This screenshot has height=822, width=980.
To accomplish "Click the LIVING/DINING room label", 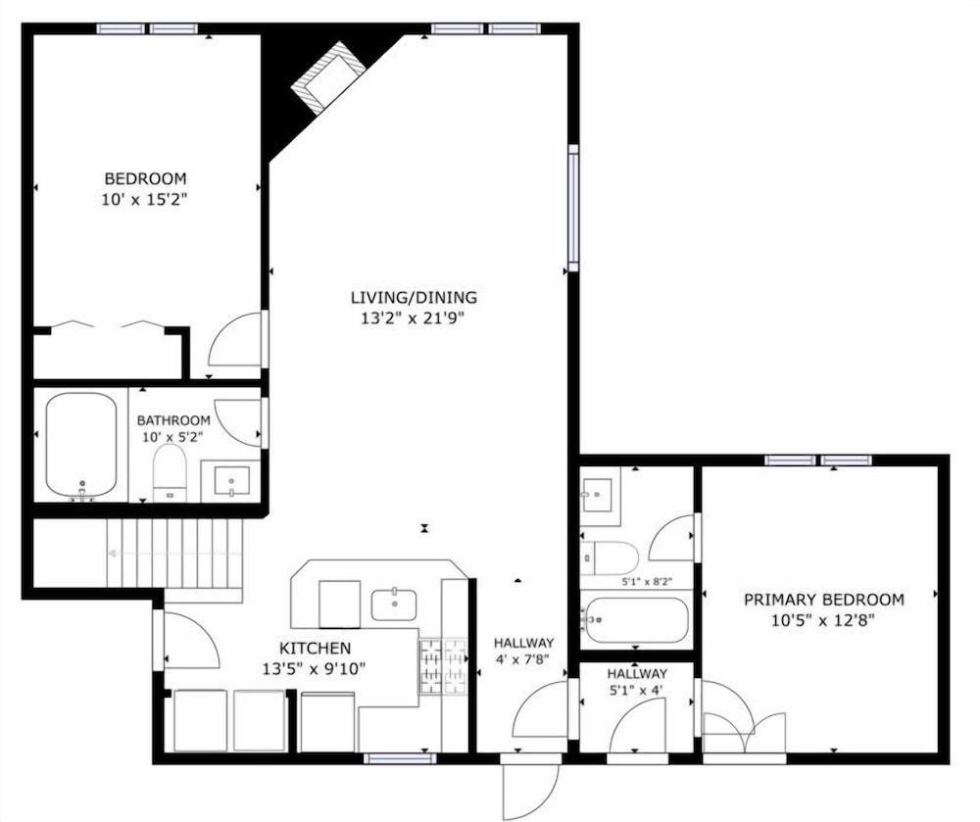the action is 414,297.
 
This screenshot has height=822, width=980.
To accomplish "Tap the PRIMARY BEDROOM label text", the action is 824,600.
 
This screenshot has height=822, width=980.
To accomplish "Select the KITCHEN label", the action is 315,649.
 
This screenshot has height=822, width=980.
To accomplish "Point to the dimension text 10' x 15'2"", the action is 145,200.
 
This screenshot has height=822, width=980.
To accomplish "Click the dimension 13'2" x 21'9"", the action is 414,318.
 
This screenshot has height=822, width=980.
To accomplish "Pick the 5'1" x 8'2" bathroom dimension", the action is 646,581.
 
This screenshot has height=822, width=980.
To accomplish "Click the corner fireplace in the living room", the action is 328,77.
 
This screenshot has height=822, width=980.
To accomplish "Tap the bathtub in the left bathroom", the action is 81,444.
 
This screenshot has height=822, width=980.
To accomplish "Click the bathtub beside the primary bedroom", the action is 635,620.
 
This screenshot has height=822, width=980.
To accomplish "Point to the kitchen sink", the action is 394,604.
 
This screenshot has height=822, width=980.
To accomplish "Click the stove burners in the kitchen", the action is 443,666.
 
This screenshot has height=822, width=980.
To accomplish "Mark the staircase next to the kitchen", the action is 174,554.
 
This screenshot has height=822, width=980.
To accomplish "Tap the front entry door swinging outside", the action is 530,789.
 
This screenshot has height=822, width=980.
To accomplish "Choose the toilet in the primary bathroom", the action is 609,557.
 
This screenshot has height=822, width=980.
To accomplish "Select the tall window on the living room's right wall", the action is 573,208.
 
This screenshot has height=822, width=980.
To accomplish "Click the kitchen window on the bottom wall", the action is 400,759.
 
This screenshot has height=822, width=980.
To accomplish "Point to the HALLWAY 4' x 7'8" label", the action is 523,651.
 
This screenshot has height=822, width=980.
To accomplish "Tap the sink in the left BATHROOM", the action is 231,481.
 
